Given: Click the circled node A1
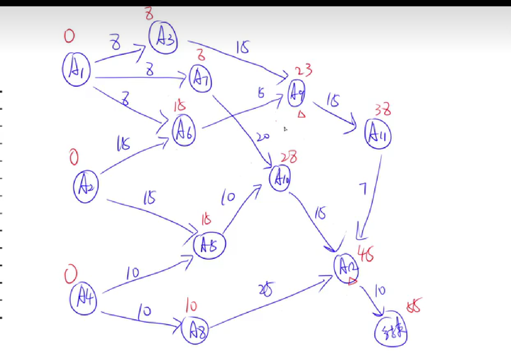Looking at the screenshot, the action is tap(76, 70).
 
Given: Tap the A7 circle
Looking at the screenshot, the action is tap(201, 78).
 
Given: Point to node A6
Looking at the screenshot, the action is tap(184, 130).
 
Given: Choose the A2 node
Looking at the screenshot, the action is tap(86, 186).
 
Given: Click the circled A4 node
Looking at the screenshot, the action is tap(83, 299).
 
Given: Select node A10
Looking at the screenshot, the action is tap(280, 179).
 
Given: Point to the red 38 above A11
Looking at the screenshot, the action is tap(382, 109).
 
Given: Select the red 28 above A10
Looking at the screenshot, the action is tap(289, 157).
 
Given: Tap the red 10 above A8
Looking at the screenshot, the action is tap(191, 306).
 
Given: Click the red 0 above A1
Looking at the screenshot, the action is tap(69, 36).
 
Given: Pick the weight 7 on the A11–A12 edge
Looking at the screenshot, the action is tap(363, 189).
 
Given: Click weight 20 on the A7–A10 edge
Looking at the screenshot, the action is tap(263, 137).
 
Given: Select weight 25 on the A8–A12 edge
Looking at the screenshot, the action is tap(265, 290).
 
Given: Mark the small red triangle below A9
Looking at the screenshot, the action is tap(302, 114).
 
